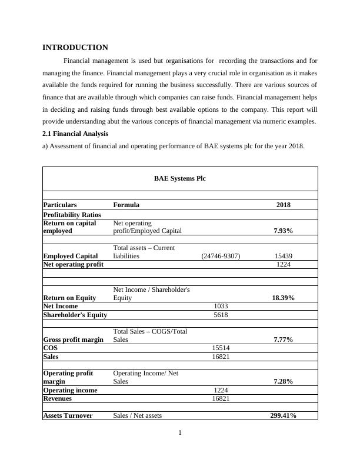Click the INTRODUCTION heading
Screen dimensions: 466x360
(75, 48)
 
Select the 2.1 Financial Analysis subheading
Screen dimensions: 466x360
(76, 134)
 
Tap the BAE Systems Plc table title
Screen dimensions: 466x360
(179, 178)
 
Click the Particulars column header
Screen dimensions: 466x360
(60, 205)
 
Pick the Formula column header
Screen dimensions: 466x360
(126, 205)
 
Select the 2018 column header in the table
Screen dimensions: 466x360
(283, 205)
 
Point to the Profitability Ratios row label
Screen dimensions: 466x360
(72, 215)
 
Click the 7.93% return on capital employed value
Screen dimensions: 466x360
(283, 231)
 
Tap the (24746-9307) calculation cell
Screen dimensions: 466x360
(220, 256)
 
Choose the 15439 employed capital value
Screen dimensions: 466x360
(283, 256)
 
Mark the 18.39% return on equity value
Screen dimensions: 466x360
(283, 298)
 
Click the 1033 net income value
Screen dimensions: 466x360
(220, 307)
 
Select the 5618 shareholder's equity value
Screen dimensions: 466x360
(220, 315)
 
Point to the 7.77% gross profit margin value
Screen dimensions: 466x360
(283, 339)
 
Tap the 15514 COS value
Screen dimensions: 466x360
(220, 348)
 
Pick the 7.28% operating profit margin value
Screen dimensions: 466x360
(283, 381)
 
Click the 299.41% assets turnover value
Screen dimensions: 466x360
(283, 415)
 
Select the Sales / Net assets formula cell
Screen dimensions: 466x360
(138, 415)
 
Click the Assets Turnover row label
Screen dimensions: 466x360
(68, 415)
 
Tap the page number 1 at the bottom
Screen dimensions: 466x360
(180, 434)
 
